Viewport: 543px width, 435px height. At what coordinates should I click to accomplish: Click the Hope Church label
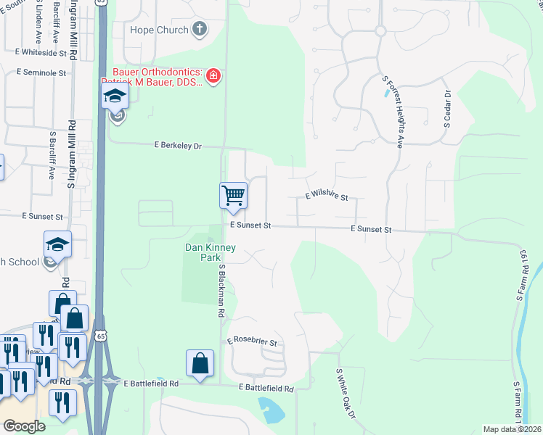pyautogui.click(x=158, y=30)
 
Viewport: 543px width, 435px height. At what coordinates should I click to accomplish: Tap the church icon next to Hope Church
pyautogui.click(x=200, y=30)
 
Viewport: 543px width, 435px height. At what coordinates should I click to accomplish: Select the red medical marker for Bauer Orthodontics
pyautogui.click(x=213, y=75)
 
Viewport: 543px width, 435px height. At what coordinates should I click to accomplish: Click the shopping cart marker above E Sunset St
pyautogui.click(x=233, y=196)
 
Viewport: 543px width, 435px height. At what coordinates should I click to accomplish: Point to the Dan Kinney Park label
pyautogui.click(x=210, y=252)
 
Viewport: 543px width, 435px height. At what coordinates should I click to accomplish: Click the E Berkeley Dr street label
pyautogui.click(x=177, y=146)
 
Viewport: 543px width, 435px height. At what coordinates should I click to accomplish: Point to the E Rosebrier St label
pyautogui.click(x=252, y=341)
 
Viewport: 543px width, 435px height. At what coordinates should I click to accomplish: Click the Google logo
pyautogui.click(x=24, y=426)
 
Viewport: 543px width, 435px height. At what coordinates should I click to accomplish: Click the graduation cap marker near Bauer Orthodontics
pyautogui.click(x=115, y=98)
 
